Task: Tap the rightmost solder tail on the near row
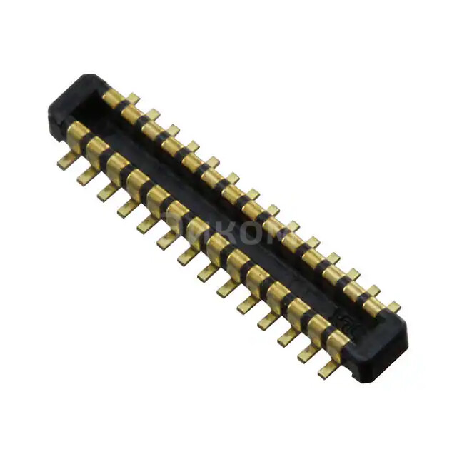(328, 369)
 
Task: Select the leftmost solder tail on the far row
(133, 98)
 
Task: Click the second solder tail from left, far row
(152, 114)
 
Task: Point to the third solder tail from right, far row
(353, 274)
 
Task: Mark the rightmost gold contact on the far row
(373, 306)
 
